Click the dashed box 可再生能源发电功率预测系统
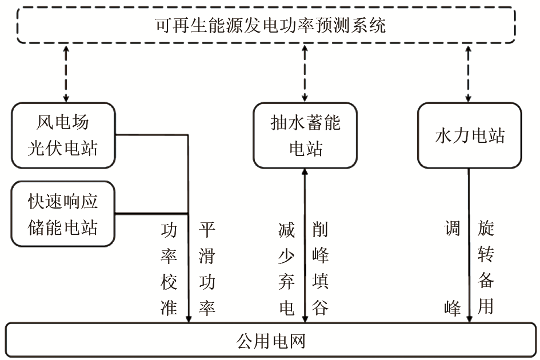coord(270,26)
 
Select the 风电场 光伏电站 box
coord(63,135)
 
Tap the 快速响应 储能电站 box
coord(63,214)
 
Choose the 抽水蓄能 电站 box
coord(305,135)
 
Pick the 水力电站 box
coord(469,135)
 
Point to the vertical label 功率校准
coord(170,269)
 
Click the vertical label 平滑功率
coord(206,269)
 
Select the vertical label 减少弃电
coord(286,269)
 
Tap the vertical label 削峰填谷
coord(321,269)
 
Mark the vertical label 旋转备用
coord(486,269)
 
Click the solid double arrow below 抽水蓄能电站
coord(305,246)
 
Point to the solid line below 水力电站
coord(469,246)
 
